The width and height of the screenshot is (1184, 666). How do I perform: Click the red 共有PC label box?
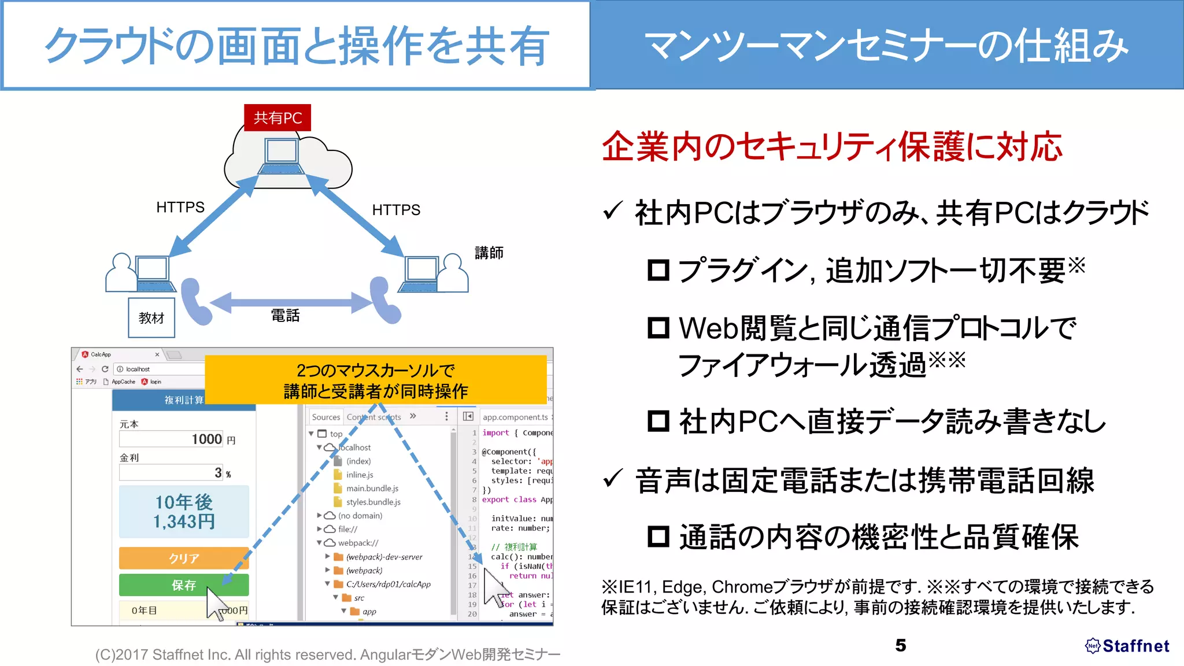277,118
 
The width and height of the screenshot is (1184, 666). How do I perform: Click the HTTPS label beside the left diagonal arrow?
180,207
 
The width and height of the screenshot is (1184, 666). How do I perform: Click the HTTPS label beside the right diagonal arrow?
396,210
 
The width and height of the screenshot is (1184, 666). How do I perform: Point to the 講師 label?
489,253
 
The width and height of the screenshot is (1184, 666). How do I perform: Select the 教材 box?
151,317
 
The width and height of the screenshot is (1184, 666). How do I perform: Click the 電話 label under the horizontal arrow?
286,316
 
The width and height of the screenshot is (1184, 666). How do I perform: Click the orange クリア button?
184,558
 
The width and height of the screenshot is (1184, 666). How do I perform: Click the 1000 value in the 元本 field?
206,439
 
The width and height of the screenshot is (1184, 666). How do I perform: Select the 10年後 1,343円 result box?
184,512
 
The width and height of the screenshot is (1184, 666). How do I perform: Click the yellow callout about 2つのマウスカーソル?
376,380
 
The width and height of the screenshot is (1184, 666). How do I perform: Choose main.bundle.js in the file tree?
372,489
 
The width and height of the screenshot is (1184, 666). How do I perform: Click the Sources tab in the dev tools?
325,417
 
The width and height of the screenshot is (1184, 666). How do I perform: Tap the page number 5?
900,645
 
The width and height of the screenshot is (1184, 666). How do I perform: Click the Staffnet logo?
1127,646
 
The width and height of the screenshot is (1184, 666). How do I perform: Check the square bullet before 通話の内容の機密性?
658,536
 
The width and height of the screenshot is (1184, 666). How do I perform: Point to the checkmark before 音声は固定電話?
612,479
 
